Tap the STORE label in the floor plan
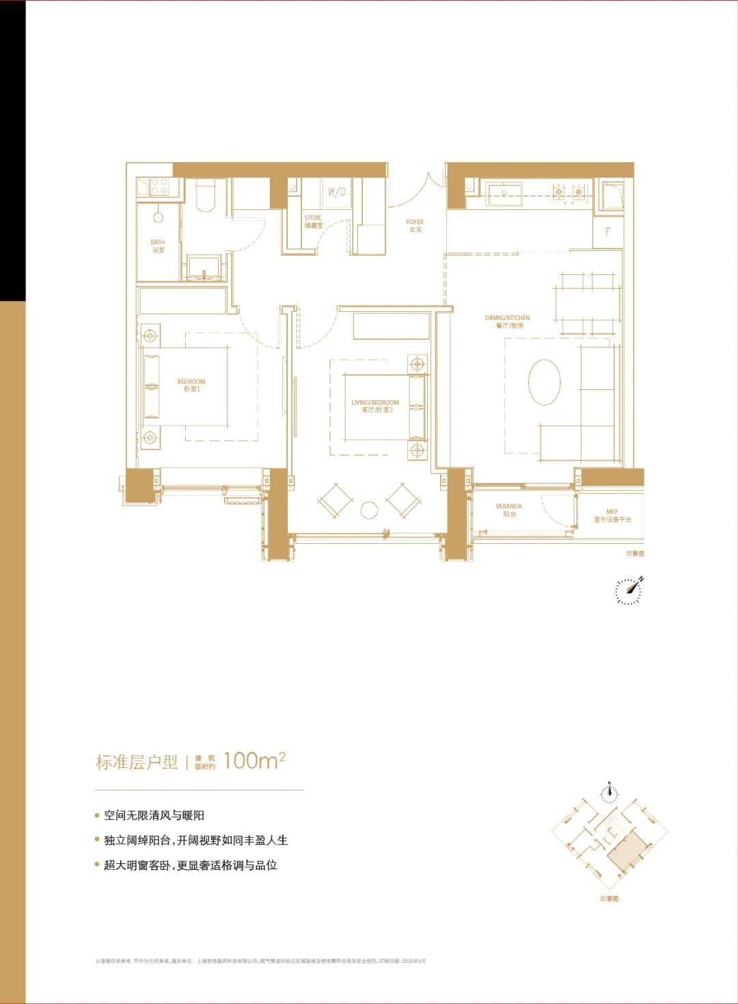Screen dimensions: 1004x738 pyautogui.click(x=312, y=222)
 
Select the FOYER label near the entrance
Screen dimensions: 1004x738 pyautogui.click(x=415, y=226)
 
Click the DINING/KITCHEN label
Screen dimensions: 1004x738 pyautogui.click(x=507, y=321)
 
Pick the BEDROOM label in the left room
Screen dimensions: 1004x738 pyautogui.click(x=191, y=385)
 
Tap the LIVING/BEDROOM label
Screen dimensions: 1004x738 pyautogui.click(x=374, y=406)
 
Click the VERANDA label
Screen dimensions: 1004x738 pyautogui.click(x=509, y=510)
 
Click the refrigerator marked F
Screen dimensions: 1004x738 pyautogui.click(x=607, y=232)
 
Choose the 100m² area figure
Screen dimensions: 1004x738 pyautogui.click(x=254, y=761)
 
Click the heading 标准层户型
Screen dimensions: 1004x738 pyautogui.click(x=137, y=762)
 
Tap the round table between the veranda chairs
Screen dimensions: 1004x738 pyautogui.click(x=370, y=510)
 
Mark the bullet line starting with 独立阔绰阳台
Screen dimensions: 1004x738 pyautogui.click(x=195, y=841)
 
